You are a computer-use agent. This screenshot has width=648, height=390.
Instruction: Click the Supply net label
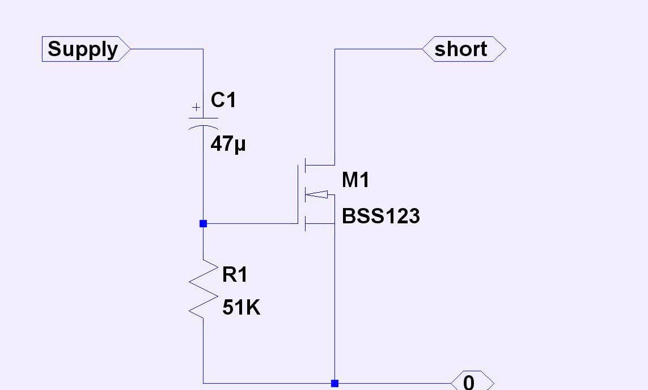click(x=83, y=49)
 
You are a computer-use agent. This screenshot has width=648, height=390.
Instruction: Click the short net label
click(x=460, y=49)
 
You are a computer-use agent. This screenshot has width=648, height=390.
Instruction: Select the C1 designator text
click(x=223, y=100)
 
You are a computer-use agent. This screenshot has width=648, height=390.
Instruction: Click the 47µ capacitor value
click(x=228, y=144)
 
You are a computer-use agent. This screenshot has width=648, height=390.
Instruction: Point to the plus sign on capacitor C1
click(x=196, y=107)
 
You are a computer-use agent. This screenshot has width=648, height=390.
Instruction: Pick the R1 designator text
click(x=235, y=275)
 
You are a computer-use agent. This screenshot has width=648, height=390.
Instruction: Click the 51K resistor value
click(x=241, y=308)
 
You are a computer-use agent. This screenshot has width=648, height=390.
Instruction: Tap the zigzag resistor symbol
click(x=203, y=289)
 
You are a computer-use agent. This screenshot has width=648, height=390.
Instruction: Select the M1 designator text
click(x=355, y=180)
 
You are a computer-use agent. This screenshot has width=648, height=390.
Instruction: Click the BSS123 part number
click(x=380, y=217)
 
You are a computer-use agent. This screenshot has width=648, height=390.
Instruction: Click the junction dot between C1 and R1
click(x=203, y=224)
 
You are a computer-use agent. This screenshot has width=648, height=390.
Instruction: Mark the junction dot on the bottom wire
click(x=334, y=384)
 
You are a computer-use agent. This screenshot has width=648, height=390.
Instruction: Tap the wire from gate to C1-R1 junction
click(x=249, y=224)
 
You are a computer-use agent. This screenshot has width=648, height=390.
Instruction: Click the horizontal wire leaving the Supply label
click(x=164, y=49)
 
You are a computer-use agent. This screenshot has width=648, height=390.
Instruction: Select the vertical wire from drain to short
click(x=334, y=108)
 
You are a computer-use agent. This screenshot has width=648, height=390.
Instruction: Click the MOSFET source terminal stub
click(x=320, y=224)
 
